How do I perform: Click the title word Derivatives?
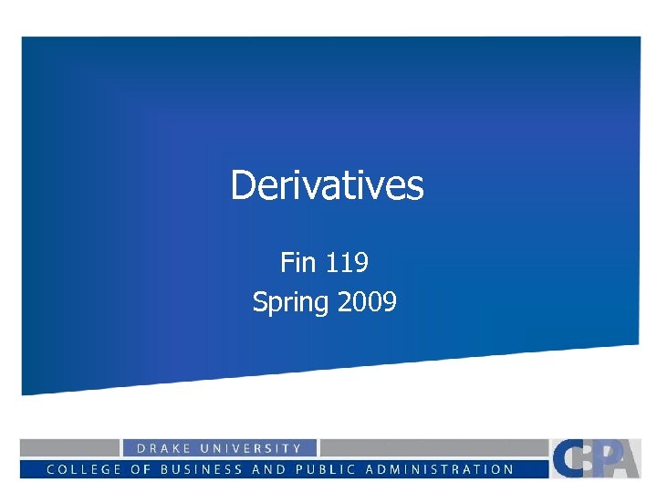pyautogui.click(x=327, y=185)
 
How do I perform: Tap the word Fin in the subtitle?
pyautogui.click(x=297, y=263)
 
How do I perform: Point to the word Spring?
pyautogui.click(x=290, y=302)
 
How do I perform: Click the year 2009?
pyautogui.click(x=367, y=301)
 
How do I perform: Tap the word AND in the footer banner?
pyautogui.click(x=271, y=469)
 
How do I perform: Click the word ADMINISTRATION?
pyautogui.click(x=440, y=469)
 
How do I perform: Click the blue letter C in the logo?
pyautogui.click(x=566, y=458)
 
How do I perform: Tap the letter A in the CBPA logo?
pyautogui.click(x=625, y=460)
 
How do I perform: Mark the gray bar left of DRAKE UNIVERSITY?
pyautogui.click(x=70, y=447)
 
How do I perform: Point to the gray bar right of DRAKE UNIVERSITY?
pyautogui.click(x=433, y=447)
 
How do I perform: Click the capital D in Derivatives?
pyautogui.click(x=242, y=185)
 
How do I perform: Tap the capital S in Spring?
pyautogui.click(x=259, y=302)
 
